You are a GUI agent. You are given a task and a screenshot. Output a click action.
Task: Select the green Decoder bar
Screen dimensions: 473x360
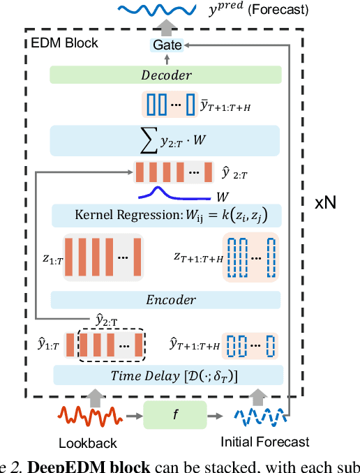point(165,75)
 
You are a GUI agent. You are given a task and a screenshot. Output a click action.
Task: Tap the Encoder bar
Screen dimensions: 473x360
point(165,299)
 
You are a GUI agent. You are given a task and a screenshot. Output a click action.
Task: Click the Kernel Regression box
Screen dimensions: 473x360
point(165,216)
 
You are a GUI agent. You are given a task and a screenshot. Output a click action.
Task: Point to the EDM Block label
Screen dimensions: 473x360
point(66,43)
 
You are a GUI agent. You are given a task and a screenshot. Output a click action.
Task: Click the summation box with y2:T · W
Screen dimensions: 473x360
point(165,141)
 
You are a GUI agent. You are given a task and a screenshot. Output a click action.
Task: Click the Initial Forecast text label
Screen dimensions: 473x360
point(264,442)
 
